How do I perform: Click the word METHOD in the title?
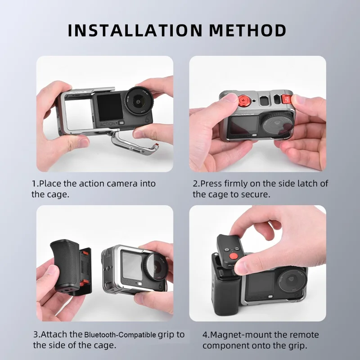247,30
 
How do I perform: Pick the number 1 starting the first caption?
34,184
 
